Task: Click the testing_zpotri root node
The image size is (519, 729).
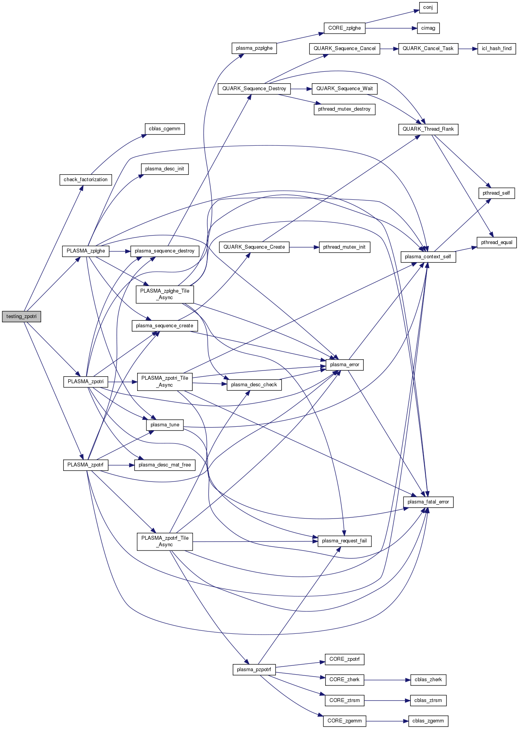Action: [x=22, y=317]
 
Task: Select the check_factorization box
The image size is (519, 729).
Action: [x=86, y=180]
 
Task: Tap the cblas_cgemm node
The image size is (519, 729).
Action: [x=165, y=129]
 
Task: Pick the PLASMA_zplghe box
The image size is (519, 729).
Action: [x=86, y=251]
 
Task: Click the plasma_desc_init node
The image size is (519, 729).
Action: [x=165, y=169]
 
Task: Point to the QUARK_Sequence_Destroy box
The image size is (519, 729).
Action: [x=254, y=89]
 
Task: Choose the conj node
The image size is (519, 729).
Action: [x=428, y=8]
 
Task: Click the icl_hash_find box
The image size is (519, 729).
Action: [x=496, y=49]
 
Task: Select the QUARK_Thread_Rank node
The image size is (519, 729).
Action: [x=428, y=129]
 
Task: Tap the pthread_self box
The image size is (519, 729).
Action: [x=496, y=193]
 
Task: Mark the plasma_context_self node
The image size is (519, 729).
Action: [x=428, y=257]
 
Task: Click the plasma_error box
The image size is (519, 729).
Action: [x=344, y=365]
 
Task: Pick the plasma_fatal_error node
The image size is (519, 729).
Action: [x=428, y=502]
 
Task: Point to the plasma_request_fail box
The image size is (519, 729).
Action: [x=344, y=541]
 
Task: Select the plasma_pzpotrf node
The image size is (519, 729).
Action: [x=254, y=670]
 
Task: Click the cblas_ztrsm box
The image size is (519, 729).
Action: [x=428, y=700]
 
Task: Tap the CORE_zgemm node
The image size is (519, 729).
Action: [x=344, y=721]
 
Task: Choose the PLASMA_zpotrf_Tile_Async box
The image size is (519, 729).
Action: [x=165, y=541]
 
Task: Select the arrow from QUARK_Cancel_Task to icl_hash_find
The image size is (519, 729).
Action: [x=468, y=49]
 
